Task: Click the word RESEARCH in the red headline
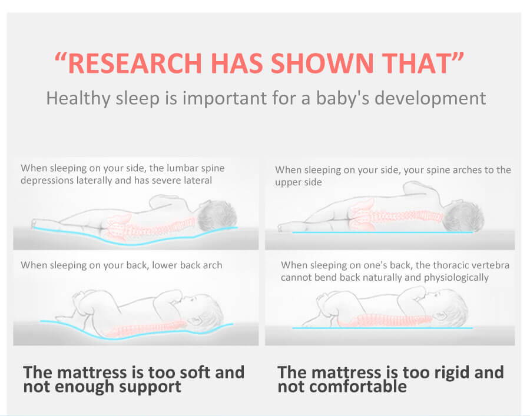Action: (x=135, y=63)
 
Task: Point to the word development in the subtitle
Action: (x=430, y=99)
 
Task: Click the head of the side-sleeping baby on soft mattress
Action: (x=217, y=216)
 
